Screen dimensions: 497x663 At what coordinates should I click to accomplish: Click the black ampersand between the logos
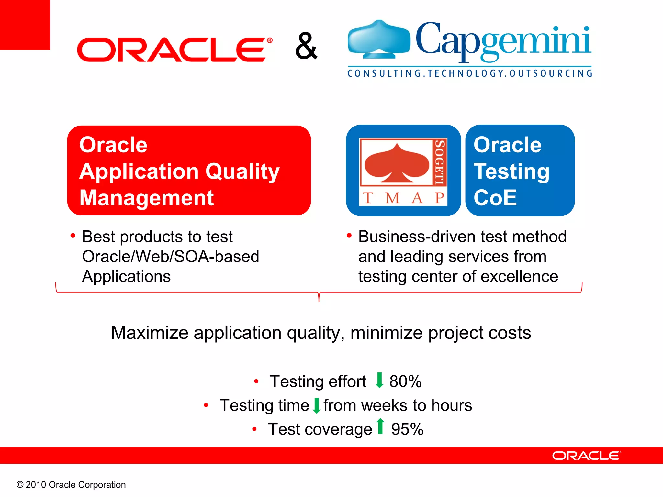306,46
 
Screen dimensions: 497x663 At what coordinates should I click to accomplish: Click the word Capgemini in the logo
503,40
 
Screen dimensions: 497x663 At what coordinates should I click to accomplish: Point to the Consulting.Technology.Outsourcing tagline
470,73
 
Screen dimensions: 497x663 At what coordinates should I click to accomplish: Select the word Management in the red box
146,198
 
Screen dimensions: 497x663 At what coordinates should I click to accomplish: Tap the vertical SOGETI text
439,162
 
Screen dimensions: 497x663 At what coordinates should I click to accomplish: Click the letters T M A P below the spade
403,198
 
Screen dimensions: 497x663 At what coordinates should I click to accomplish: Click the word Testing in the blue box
511,171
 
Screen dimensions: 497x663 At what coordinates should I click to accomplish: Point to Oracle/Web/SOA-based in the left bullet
171,257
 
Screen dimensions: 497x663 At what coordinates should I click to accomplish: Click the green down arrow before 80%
379,381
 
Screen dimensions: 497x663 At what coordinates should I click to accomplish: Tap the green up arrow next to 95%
380,426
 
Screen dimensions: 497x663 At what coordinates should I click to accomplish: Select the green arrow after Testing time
317,405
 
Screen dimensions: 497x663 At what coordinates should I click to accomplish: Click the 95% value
407,429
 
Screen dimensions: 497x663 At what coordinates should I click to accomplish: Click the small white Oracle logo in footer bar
586,456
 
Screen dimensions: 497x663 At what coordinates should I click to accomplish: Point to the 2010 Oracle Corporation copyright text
71,485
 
